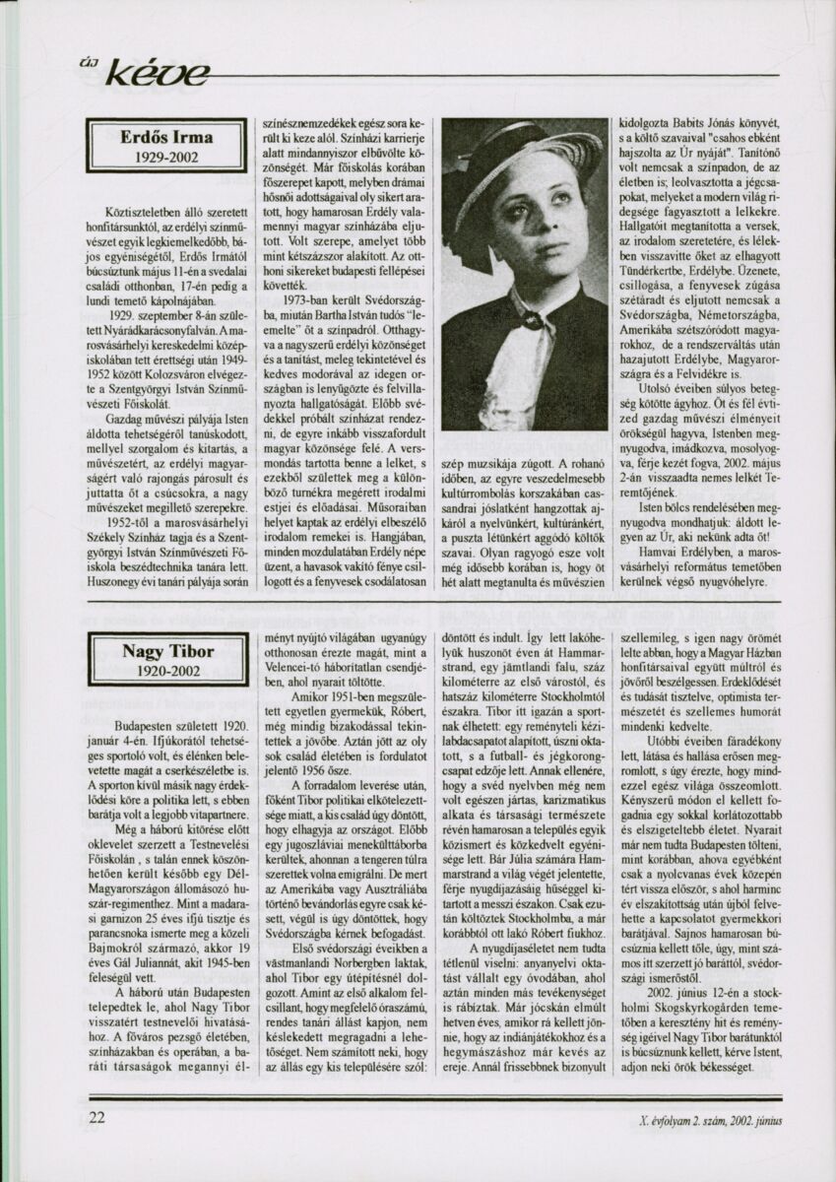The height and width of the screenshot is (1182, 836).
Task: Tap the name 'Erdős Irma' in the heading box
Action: (165, 136)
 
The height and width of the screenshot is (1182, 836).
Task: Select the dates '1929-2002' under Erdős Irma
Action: (165, 157)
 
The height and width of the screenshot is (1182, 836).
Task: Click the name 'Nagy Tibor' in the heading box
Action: (167, 652)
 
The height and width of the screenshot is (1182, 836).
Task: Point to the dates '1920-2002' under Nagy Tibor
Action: (167, 673)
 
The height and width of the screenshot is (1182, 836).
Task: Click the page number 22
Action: (96, 1118)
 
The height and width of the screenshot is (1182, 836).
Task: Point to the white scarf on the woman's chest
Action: (522, 364)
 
